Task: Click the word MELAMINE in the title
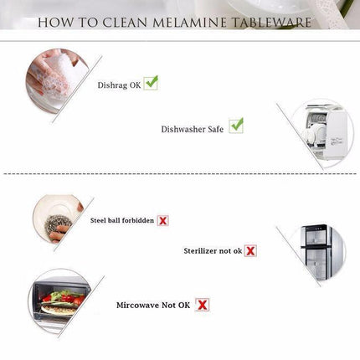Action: click(189, 23)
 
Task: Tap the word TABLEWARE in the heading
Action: click(272, 23)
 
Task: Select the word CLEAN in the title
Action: click(125, 23)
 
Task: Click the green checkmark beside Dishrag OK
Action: click(151, 83)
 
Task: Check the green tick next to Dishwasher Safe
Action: click(236, 126)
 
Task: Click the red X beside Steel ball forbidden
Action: click(162, 221)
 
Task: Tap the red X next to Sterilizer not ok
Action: click(250, 250)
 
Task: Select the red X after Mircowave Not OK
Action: click(202, 305)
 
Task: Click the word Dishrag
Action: click(112, 85)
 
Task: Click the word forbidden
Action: click(138, 220)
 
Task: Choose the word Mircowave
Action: click(137, 305)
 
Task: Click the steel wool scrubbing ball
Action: click(58, 225)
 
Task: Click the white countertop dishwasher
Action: click(325, 131)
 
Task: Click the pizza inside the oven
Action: click(59, 308)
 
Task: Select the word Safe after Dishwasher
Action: click(215, 129)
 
